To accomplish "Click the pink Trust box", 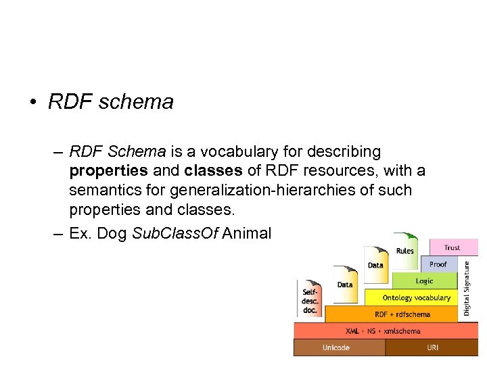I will click(x=452, y=247).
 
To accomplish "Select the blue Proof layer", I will click(x=438, y=264).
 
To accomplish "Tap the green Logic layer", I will click(x=425, y=281).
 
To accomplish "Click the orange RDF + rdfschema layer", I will click(x=402, y=314).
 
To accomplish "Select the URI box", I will click(x=432, y=347).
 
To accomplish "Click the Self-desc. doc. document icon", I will click(x=309, y=298).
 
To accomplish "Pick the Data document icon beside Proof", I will click(x=375, y=264).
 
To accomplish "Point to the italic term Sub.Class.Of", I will click(x=175, y=234).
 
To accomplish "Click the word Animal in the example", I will click(x=247, y=234).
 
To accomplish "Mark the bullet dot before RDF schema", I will click(x=32, y=103).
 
